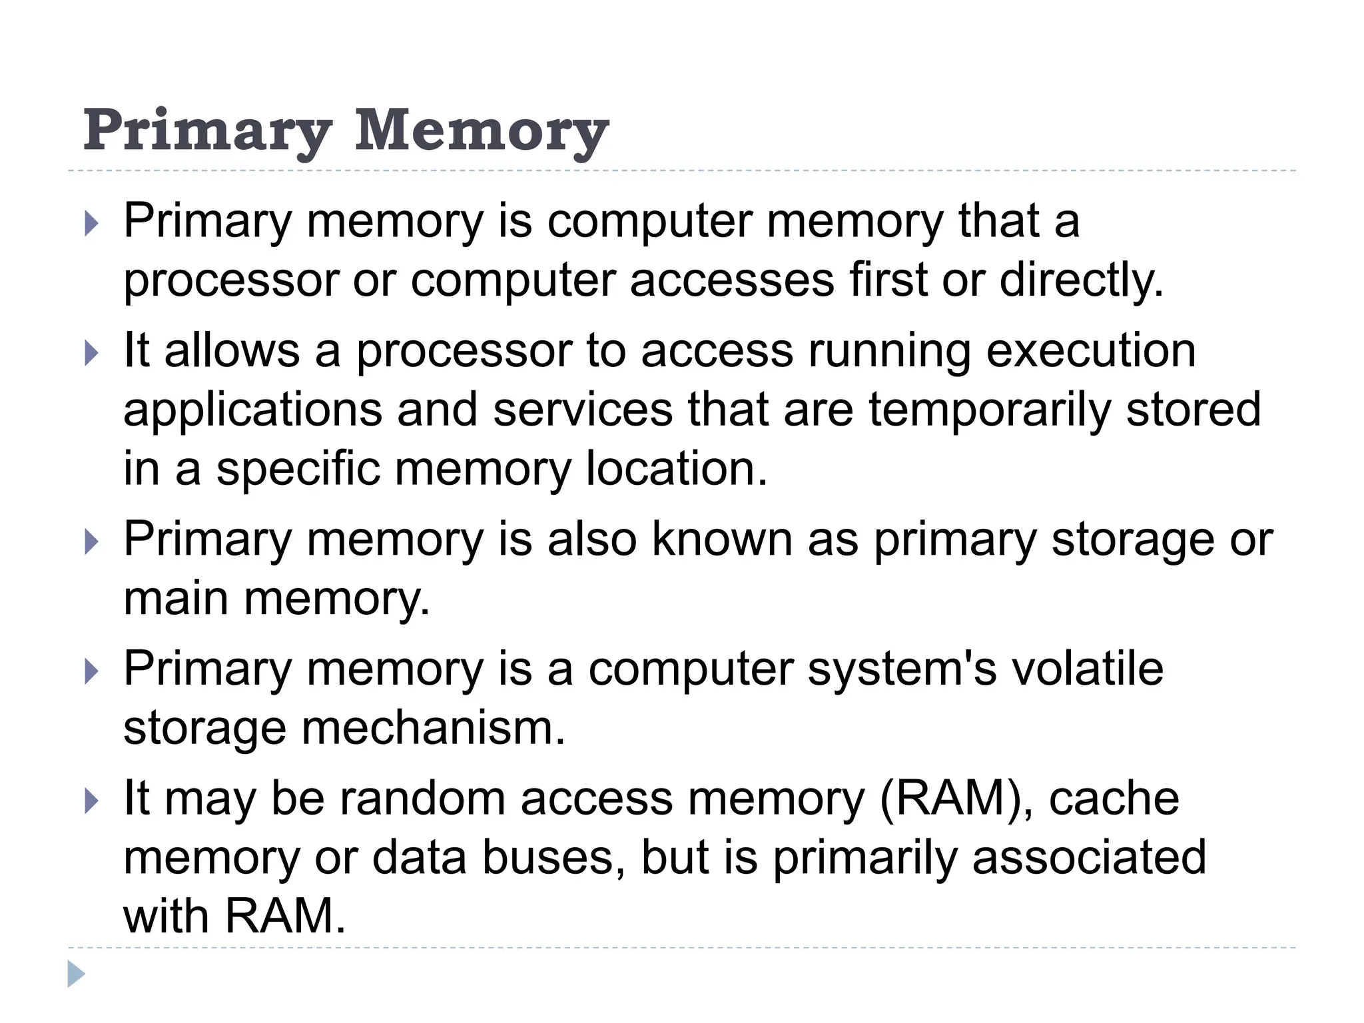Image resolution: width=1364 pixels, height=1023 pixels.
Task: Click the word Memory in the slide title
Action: tap(482, 131)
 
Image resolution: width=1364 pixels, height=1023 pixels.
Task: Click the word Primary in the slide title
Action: tap(207, 131)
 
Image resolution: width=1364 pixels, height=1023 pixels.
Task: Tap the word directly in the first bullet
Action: tap(1082, 280)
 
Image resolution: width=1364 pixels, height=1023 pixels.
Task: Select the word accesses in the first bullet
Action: tap(731, 280)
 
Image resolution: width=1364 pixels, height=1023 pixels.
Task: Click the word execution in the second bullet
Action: tap(1091, 351)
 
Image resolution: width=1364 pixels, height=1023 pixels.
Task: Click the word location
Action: tap(677, 468)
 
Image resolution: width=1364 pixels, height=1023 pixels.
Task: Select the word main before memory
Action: tap(176, 597)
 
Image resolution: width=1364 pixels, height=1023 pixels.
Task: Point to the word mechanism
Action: tap(433, 727)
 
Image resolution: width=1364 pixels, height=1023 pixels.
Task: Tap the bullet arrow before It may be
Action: tap(91, 800)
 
